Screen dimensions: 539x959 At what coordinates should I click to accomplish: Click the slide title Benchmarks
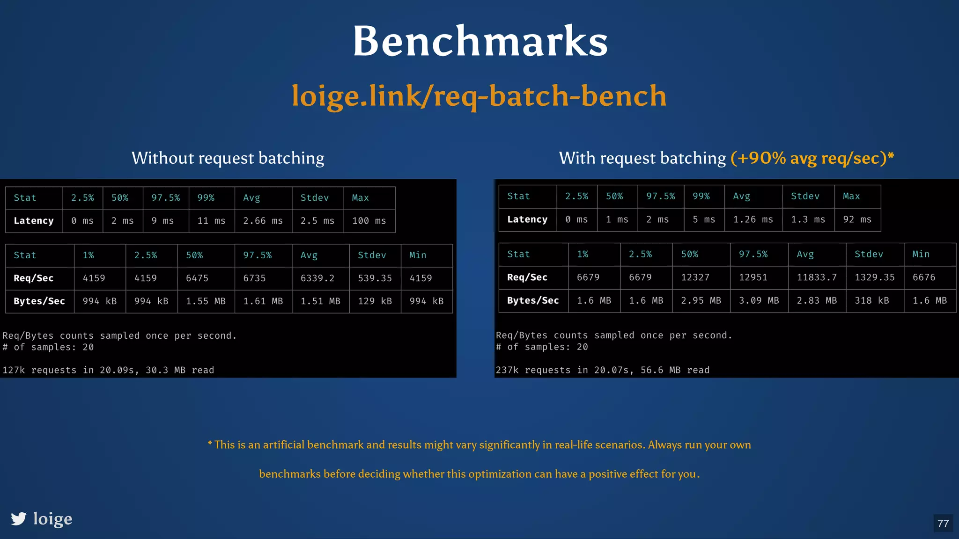pyautogui.click(x=480, y=41)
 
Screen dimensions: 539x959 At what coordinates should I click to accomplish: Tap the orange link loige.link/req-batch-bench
pyautogui.click(x=479, y=95)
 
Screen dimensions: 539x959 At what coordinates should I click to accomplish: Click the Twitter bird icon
pyautogui.click(x=19, y=518)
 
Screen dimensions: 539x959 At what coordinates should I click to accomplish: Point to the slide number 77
pyautogui.click(x=943, y=523)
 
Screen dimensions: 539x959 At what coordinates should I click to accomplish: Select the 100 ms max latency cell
pyautogui.click(x=369, y=221)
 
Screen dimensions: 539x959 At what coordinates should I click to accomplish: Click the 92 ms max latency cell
pyautogui.click(x=857, y=219)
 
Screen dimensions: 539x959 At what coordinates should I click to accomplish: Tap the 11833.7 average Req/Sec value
pyautogui.click(x=817, y=277)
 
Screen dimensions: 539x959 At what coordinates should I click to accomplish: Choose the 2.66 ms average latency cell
pyautogui.click(x=263, y=221)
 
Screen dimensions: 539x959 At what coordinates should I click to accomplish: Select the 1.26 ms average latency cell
pyautogui.click(x=753, y=219)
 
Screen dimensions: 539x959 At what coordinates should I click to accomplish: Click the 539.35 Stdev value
pyautogui.click(x=375, y=278)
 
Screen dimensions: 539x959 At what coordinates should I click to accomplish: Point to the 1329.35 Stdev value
pyautogui.click(x=874, y=277)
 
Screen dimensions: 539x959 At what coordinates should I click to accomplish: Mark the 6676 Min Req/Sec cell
pyautogui.click(x=924, y=277)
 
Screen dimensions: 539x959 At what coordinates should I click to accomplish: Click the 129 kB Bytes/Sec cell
pyautogui.click(x=375, y=301)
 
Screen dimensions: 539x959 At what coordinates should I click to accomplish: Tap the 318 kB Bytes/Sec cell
pyautogui.click(x=871, y=300)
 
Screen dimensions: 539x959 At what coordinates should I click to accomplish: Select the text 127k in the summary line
pyautogui.click(x=14, y=370)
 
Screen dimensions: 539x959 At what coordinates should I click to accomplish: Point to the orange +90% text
pyautogui.click(x=758, y=158)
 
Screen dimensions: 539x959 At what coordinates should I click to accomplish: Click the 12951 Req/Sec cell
pyautogui.click(x=753, y=277)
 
